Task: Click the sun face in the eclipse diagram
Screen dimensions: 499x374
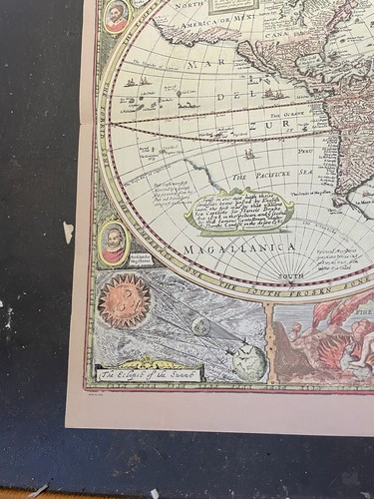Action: pyautogui.click(x=125, y=301)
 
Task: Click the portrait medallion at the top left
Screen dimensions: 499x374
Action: pyautogui.click(x=117, y=16)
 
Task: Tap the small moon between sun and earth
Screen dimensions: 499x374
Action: pyautogui.click(x=201, y=326)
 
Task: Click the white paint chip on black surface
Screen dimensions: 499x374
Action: pyautogui.click(x=68, y=233)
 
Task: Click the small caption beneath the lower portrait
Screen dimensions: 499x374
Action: pyautogui.click(x=114, y=270)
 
